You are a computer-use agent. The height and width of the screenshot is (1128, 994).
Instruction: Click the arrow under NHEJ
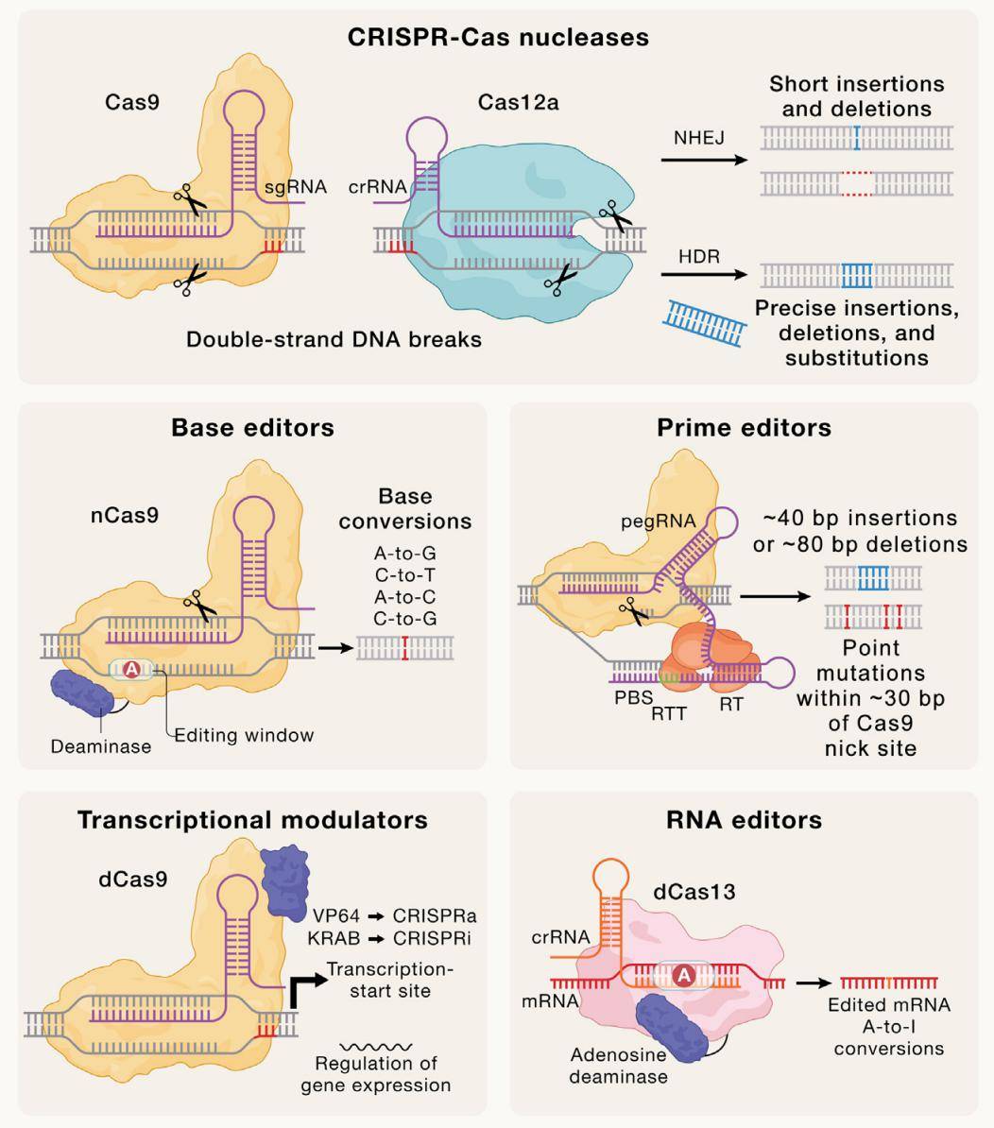click(x=698, y=160)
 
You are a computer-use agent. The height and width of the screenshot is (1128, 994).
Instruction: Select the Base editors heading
click(x=252, y=427)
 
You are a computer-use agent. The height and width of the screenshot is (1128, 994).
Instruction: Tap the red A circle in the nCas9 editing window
click(x=132, y=670)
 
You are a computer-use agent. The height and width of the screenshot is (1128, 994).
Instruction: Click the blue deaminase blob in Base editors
click(x=84, y=695)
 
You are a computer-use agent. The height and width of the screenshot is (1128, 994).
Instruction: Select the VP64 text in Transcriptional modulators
click(x=335, y=915)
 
